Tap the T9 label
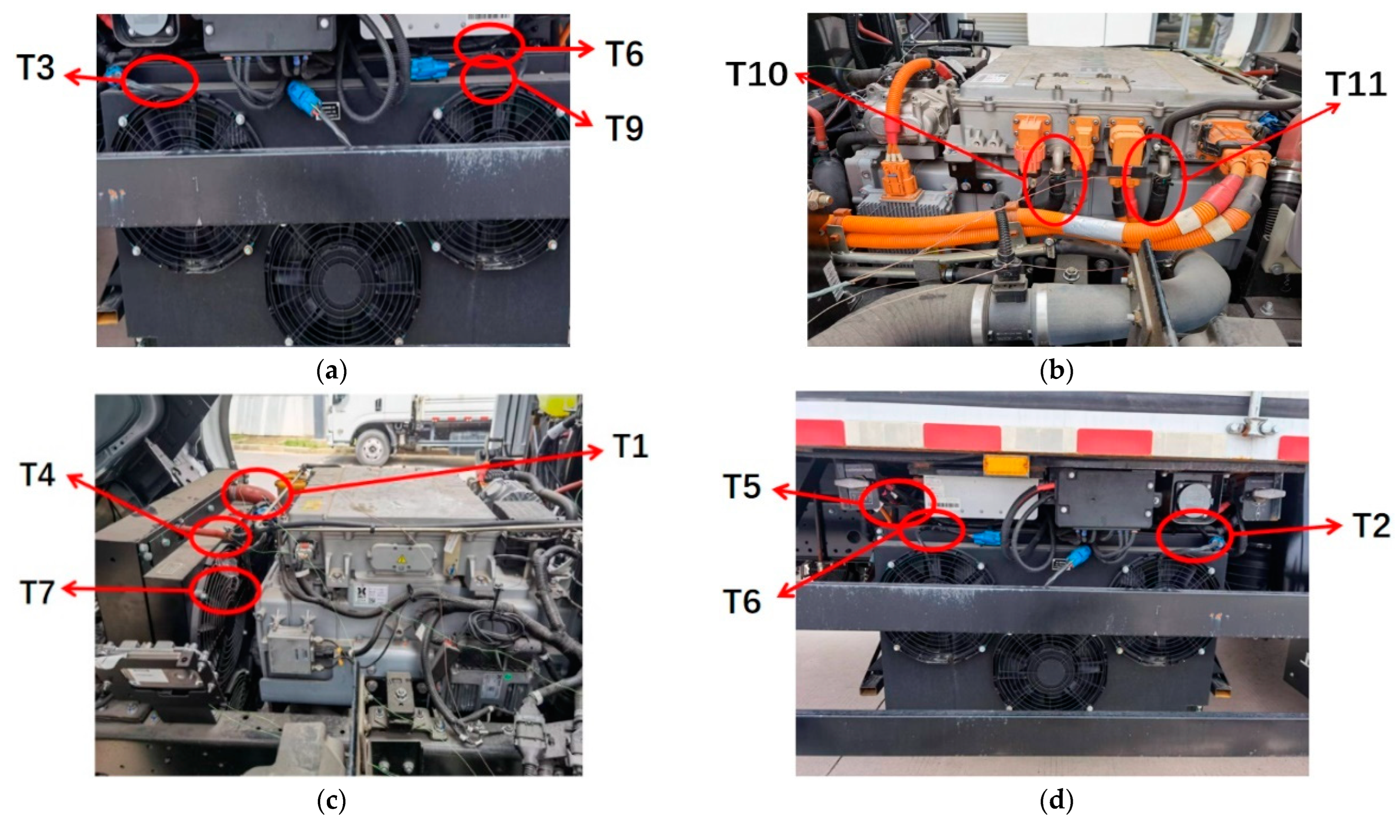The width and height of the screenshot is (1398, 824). click(624, 128)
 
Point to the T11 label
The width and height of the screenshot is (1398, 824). click(1356, 84)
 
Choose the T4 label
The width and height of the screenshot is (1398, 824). click(37, 475)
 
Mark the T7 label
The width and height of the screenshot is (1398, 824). click(37, 592)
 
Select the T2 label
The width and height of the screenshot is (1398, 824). click(1371, 525)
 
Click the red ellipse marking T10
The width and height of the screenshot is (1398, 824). click(1026, 180)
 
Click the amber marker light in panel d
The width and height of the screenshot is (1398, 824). click(1006, 465)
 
